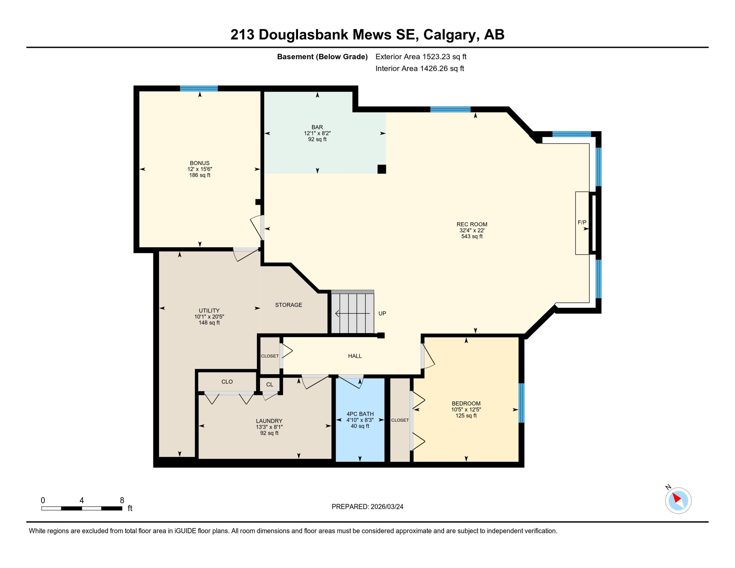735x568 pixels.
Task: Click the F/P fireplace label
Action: [582, 222]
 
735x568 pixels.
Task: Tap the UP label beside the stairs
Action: [382, 313]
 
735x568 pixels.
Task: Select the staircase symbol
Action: [352, 313]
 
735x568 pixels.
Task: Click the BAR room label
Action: [317, 127]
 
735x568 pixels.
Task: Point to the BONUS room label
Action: [200, 163]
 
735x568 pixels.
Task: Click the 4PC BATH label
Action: [360, 414]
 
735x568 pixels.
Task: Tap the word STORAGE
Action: [288, 305]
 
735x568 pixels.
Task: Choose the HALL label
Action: [355, 356]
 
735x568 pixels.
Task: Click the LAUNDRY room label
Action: [269, 421]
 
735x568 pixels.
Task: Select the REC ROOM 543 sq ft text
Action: [471, 236]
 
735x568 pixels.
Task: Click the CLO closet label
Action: [227, 382]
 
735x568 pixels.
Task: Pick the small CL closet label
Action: [270, 385]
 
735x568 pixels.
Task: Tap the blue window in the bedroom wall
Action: [521, 403]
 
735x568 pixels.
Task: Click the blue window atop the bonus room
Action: [199, 88]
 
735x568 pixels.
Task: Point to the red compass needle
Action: [676, 498]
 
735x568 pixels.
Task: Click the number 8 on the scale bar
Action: [122, 500]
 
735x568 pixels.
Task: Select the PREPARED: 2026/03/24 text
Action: [367, 507]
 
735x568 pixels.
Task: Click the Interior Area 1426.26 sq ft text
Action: [419, 68]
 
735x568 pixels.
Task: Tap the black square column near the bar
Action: [382, 169]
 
